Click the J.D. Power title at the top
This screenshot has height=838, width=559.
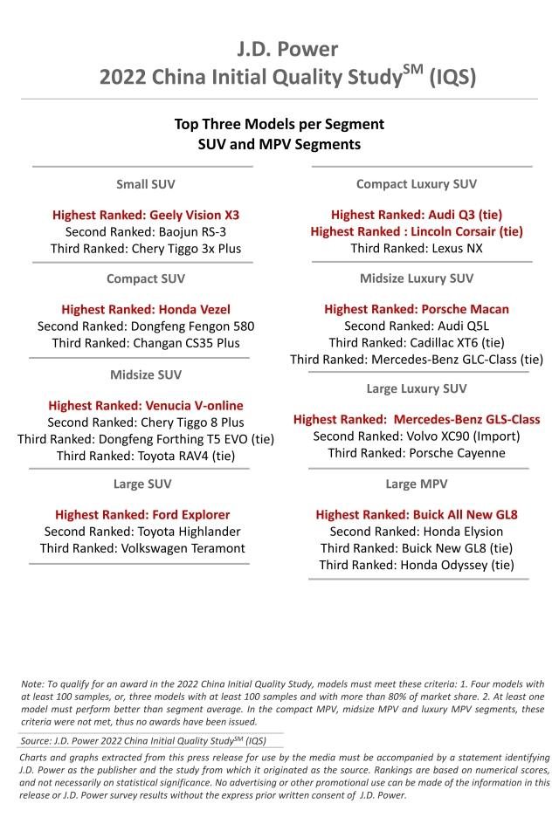click(x=279, y=47)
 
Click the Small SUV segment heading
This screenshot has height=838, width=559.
click(x=146, y=184)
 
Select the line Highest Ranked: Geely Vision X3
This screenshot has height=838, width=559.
click(x=146, y=214)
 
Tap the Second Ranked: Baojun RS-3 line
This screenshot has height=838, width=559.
click(x=146, y=231)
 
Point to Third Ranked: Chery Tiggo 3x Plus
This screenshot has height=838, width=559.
click(x=146, y=249)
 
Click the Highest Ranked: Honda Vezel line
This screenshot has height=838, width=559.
click(x=146, y=309)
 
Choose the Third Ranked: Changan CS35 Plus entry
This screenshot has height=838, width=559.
click(x=146, y=343)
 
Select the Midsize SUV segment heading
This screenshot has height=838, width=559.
click(x=146, y=374)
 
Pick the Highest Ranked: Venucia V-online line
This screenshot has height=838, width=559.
click(x=146, y=405)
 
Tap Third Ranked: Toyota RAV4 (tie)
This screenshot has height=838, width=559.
click(x=146, y=455)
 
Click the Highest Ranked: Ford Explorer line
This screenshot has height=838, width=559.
click(x=142, y=514)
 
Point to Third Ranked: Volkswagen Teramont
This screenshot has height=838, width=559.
click(x=142, y=548)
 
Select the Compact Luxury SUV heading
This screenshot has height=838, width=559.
click(x=417, y=184)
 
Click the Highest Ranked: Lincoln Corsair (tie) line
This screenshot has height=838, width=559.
click(x=417, y=231)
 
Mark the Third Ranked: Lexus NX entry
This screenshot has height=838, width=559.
click(x=417, y=249)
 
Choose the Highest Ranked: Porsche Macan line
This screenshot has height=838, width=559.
click(x=417, y=309)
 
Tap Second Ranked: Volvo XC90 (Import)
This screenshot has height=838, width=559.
click(x=417, y=436)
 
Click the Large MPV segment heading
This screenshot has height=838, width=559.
click(x=417, y=484)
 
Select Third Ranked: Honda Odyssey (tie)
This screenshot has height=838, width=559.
click(x=417, y=565)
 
